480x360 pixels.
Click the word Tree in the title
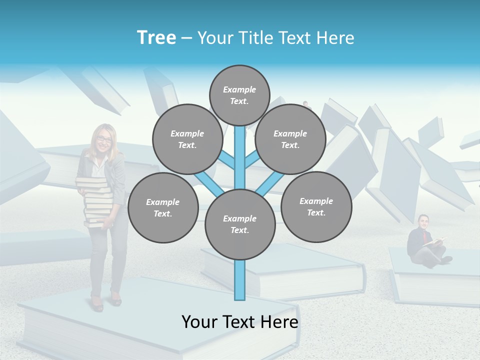click(x=156, y=38)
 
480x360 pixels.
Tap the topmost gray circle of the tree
click(x=239, y=95)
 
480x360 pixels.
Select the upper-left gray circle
click(x=187, y=139)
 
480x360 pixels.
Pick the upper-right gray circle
click(x=290, y=139)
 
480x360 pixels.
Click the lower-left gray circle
click(x=162, y=207)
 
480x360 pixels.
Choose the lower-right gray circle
click(x=316, y=206)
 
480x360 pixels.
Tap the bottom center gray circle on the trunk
click(x=239, y=224)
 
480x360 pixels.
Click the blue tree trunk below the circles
click(x=239, y=280)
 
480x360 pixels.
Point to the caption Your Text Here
click(x=239, y=322)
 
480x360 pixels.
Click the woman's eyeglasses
click(x=104, y=139)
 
